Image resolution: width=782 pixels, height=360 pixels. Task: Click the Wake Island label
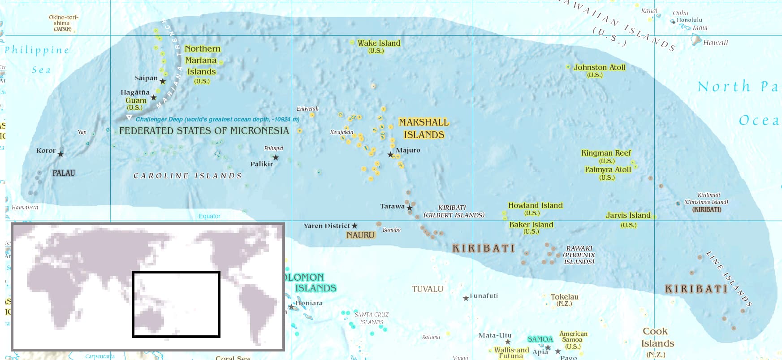(x=379, y=43)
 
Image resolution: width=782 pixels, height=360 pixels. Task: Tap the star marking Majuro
(x=390, y=155)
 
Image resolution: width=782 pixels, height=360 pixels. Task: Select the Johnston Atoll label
(x=599, y=67)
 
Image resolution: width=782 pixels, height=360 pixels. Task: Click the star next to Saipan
(x=163, y=82)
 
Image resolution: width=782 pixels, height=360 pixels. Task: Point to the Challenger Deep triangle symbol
(x=129, y=117)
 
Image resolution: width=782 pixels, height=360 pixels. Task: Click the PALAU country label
(x=64, y=173)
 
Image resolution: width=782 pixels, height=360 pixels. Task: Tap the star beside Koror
(x=61, y=154)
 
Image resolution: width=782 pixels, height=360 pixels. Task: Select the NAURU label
(x=360, y=235)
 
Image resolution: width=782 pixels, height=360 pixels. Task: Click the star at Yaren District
(x=354, y=226)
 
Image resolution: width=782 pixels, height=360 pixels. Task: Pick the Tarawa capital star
(x=410, y=208)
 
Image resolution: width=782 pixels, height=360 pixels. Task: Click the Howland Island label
(x=535, y=205)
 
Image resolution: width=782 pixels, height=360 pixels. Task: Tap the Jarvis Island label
(x=628, y=215)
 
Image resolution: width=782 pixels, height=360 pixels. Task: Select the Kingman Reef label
(x=606, y=153)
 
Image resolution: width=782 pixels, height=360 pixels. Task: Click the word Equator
(x=209, y=216)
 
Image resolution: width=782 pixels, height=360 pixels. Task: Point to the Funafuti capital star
(x=466, y=298)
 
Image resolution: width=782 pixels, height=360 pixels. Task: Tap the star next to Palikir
(x=276, y=157)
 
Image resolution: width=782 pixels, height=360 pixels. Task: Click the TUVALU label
(x=428, y=289)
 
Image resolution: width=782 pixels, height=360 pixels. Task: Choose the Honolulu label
(x=689, y=20)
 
